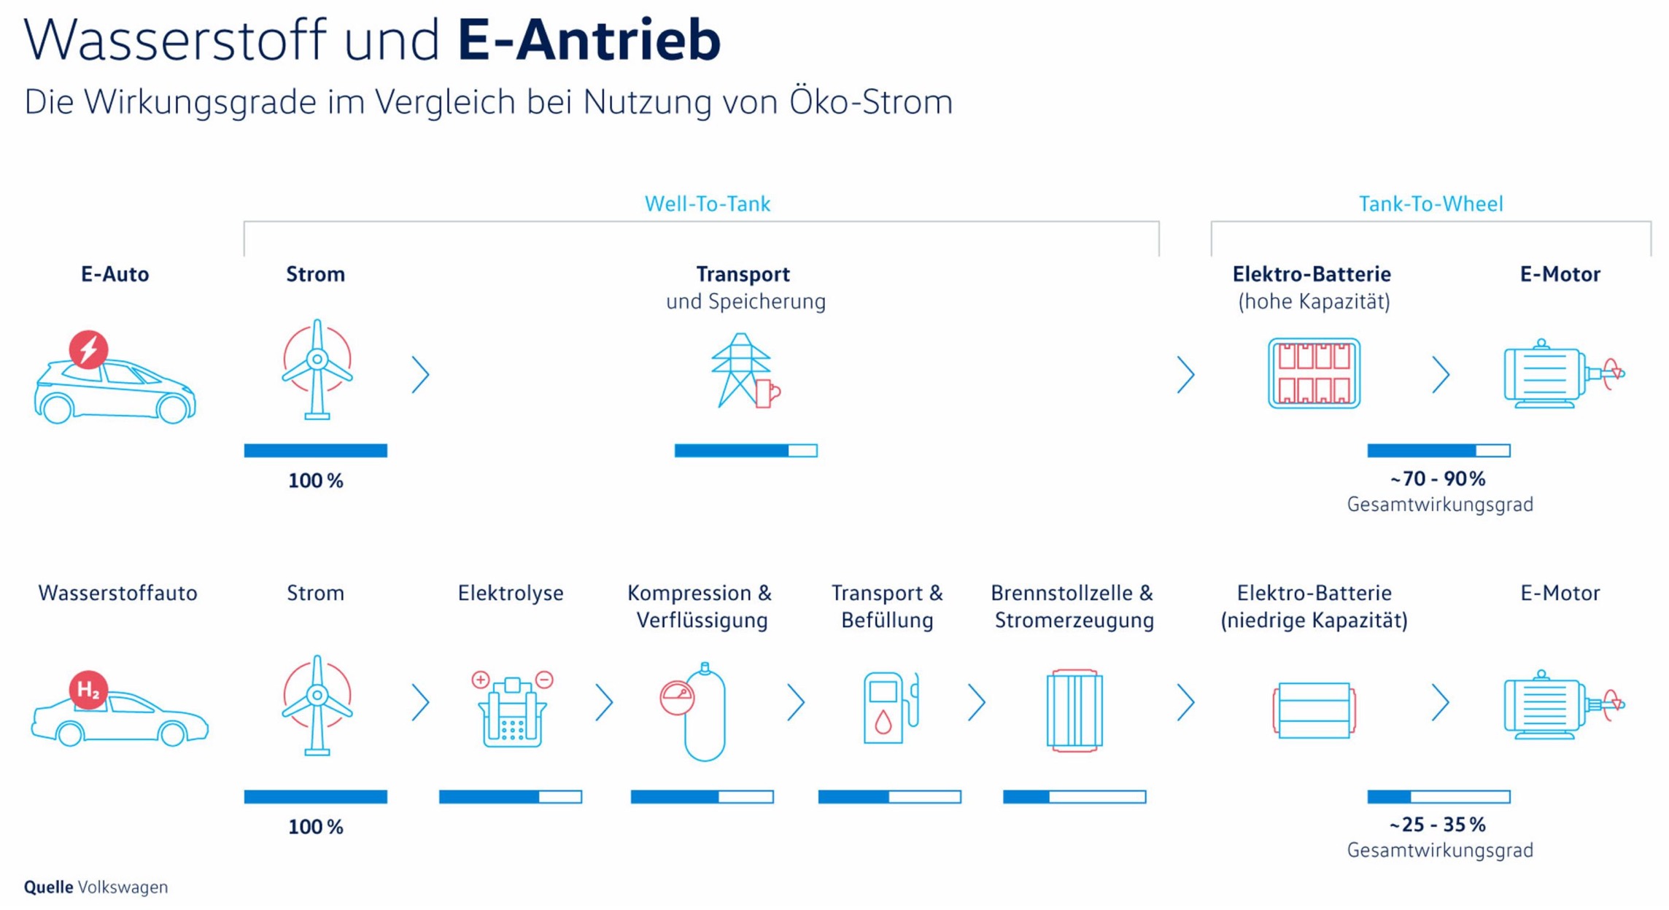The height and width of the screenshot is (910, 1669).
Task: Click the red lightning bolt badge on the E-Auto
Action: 88,349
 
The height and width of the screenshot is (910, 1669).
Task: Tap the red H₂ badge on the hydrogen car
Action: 88,689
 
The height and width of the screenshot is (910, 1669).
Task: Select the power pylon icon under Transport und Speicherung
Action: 745,371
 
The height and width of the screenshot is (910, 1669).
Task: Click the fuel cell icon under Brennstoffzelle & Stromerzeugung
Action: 1074,710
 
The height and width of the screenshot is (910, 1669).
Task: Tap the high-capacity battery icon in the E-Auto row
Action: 1314,373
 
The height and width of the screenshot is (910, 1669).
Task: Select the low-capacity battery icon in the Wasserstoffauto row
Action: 1314,710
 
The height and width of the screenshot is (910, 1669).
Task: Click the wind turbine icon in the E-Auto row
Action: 317,370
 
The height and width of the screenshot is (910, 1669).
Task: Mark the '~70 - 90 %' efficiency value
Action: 1438,479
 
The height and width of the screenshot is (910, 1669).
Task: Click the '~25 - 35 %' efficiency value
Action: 1438,825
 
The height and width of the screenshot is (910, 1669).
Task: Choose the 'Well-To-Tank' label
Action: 707,203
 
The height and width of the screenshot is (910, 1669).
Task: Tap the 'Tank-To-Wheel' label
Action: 1430,203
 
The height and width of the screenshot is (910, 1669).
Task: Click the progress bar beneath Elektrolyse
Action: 511,797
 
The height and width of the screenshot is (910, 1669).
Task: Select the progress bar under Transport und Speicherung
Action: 746,451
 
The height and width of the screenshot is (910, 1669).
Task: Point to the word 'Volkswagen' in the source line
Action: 123,887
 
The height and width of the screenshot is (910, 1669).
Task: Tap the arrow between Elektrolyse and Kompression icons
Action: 604,702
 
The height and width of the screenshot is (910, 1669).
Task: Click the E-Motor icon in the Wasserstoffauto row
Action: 1563,704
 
